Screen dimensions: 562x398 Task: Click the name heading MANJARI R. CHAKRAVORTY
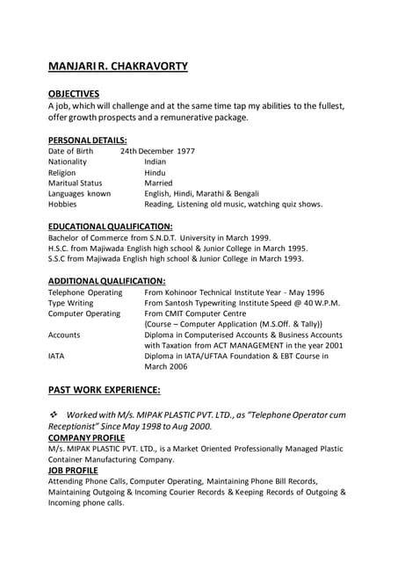[118, 66]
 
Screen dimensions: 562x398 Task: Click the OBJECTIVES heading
[74, 94]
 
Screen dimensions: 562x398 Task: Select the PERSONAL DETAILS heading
[88, 140]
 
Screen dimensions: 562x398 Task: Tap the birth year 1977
[185, 151]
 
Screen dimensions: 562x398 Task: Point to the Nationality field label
[68, 162]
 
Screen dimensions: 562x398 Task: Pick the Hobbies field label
[62, 204]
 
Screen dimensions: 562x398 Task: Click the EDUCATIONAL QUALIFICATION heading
[110, 227]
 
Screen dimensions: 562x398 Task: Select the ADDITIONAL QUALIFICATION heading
[106, 281]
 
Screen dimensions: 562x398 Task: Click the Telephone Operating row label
[85, 292]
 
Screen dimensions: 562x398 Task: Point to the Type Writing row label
[70, 303]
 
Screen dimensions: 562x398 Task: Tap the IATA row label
[57, 356]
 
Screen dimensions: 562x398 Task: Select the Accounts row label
[64, 335]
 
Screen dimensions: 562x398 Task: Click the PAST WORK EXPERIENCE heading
[104, 389]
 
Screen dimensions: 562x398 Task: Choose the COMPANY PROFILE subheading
[86, 437]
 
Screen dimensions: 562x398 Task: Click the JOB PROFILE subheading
[73, 470]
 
